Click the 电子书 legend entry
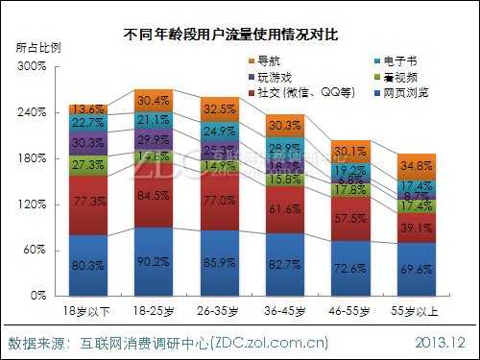395,60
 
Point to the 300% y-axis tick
32,66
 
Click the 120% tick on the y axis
32,204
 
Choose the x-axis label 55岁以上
416,312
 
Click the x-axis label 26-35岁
219,312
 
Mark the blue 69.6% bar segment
416,270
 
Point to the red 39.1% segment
416,228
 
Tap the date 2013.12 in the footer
440,342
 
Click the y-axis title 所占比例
35,47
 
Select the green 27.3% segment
87,165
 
